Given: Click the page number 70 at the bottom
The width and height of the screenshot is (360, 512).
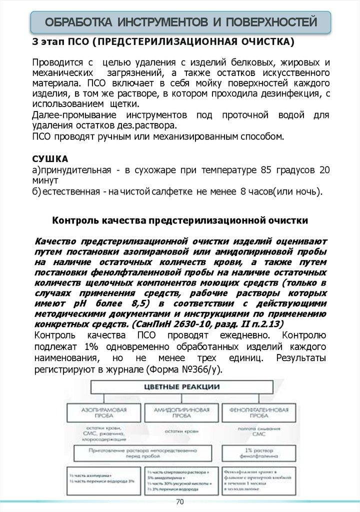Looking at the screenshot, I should [x=180, y=501].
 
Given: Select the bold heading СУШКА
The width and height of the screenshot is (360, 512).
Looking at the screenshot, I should [x=50, y=159].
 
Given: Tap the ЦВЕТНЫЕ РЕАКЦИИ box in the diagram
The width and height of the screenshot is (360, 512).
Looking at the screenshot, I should [x=181, y=386].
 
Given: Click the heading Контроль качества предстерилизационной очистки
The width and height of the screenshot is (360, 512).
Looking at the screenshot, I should [x=180, y=220].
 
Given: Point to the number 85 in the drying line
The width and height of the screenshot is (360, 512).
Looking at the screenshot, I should [x=266, y=170].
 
